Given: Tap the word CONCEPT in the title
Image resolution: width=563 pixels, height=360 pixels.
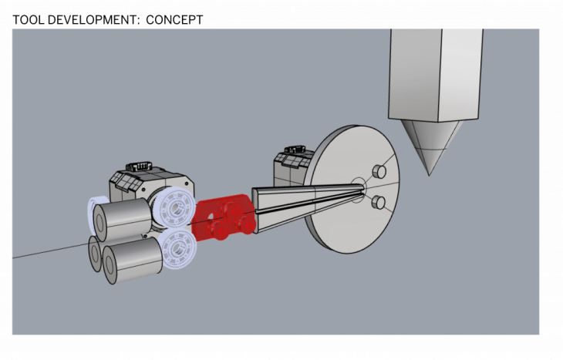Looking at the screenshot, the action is tap(174, 20).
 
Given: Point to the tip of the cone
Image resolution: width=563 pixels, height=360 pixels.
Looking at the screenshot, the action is tap(429, 175).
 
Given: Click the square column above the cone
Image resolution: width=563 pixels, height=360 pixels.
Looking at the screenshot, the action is tap(436, 75).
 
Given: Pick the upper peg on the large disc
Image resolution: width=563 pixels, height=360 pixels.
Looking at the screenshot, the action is tap(379, 172).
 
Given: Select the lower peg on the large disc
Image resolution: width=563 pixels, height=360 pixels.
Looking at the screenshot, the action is tap(379, 202).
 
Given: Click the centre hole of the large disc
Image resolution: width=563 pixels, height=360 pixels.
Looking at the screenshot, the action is tap(358, 190).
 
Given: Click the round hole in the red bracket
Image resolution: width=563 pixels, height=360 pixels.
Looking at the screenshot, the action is tap(211, 216).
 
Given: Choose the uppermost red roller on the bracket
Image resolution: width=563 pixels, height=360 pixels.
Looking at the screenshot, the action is tap(231, 210).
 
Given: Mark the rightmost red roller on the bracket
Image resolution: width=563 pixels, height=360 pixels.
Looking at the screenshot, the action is tap(245, 225).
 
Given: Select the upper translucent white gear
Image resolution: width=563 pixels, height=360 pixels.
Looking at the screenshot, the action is tap(175, 207).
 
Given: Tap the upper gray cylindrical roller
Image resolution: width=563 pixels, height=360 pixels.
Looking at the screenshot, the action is tap(123, 219).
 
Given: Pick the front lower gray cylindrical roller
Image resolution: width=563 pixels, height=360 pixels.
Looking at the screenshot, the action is tap(133, 260).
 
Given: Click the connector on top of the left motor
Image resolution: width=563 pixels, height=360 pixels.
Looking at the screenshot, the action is tap(139, 167).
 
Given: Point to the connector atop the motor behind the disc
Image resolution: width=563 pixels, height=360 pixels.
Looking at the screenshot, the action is tap(295, 149).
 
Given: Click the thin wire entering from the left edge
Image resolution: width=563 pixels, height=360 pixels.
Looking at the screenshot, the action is tap(51, 251).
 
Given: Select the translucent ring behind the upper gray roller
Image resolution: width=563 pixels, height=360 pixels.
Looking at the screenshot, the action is tap(92, 212).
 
